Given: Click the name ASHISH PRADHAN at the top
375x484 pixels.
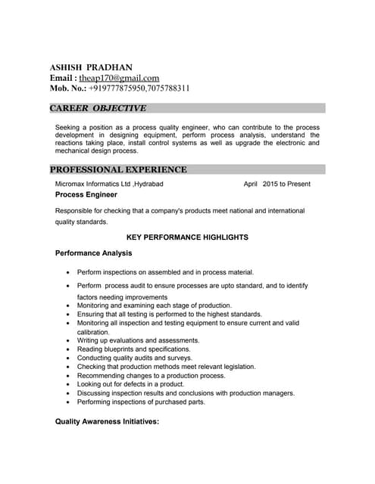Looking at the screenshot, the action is coord(89,67).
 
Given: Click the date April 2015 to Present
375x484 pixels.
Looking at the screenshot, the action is coord(277,184).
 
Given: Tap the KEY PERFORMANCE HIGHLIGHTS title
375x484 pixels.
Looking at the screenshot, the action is coord(187,237).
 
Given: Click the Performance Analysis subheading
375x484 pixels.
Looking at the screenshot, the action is coord(94,253).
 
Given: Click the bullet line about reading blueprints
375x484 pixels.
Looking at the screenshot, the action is coord(133,349).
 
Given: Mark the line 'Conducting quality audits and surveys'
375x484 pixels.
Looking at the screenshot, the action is coord(135,358).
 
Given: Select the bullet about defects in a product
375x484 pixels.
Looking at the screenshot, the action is coord(130,384).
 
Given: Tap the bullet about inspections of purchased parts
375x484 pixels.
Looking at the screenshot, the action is coord(141,402).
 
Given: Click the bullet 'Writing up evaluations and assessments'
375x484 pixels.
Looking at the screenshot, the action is coord(138,340).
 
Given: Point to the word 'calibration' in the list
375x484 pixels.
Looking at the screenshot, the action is coord(94,332).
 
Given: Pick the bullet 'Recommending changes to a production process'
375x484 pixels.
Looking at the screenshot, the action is coord(151,375).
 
